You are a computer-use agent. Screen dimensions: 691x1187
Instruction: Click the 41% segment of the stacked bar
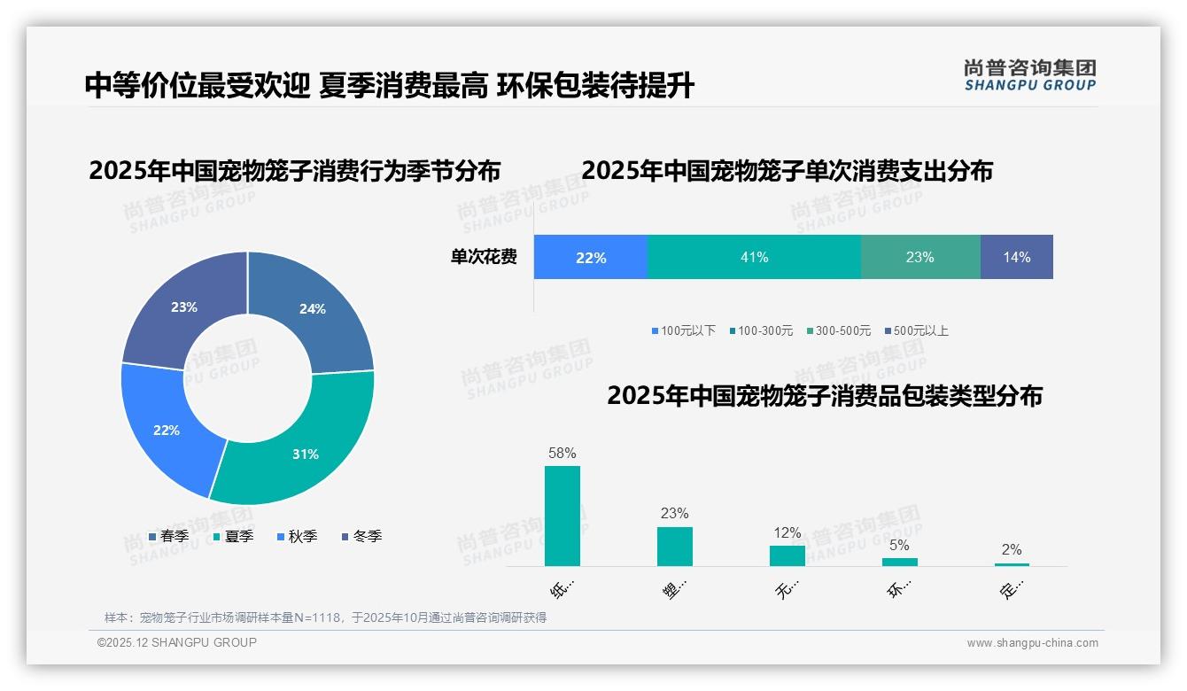(754, 257)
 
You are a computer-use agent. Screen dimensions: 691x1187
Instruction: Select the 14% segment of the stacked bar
(1016, 257)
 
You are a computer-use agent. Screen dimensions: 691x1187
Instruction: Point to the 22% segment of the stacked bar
(591, 257)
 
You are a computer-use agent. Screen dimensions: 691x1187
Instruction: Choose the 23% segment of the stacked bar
(919, 257)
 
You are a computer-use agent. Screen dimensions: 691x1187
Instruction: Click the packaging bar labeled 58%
(562, 516)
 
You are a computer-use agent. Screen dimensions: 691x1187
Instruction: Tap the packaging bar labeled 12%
(787, 555)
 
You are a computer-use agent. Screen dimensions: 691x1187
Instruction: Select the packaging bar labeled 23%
(674, 547)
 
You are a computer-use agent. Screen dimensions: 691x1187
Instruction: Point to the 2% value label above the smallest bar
(1012, 549)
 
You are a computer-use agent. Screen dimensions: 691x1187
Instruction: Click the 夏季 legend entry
(234, 536)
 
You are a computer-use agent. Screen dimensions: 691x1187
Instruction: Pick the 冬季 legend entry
(362, 536)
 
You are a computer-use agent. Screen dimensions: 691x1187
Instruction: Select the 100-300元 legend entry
(761, 330)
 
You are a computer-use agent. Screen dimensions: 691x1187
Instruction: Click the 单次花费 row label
(484, 257)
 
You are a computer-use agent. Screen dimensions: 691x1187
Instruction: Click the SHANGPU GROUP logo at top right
(1029, 75)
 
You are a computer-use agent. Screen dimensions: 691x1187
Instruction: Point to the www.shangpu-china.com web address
(1032, 642)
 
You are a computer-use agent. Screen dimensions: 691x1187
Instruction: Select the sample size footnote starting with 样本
(325, 617)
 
